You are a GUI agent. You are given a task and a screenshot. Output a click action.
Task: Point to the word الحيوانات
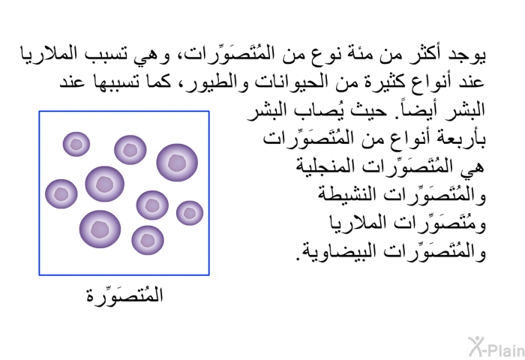tap(288, 82)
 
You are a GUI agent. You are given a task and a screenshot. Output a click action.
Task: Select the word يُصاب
tap(325, 109)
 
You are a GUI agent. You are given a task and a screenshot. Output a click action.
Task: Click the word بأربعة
tap(466, 139)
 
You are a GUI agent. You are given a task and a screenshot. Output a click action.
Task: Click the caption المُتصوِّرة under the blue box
tap(124, 295)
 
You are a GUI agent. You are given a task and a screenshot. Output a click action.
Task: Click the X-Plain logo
tap(496, 347)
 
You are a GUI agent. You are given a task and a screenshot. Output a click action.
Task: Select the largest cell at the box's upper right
tap(177, 163)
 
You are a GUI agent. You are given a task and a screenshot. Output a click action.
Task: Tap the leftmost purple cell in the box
tap(61, 194)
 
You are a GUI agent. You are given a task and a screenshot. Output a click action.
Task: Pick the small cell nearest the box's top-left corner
tap(76, 144)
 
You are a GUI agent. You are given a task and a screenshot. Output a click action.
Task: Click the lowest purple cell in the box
tap(148, 240)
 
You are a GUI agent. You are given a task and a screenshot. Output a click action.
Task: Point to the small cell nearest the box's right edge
tap(190, 213)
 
